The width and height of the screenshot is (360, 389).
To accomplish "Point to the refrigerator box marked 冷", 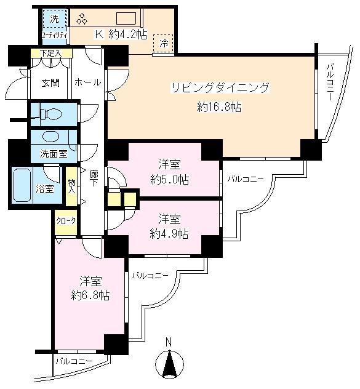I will coord(164,43).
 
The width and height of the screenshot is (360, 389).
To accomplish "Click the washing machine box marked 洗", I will coord(54,20).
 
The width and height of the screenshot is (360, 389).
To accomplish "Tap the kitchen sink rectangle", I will coord(129,18).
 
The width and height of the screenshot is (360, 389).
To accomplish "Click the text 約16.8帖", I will coord(219,106).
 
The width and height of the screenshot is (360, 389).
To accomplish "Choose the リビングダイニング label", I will coord(220,88).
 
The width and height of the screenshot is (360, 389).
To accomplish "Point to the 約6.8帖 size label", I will coord(90,295).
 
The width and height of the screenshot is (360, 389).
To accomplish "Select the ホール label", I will coord(87,81).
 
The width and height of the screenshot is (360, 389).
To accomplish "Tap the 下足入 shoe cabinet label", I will coord(51,54).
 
